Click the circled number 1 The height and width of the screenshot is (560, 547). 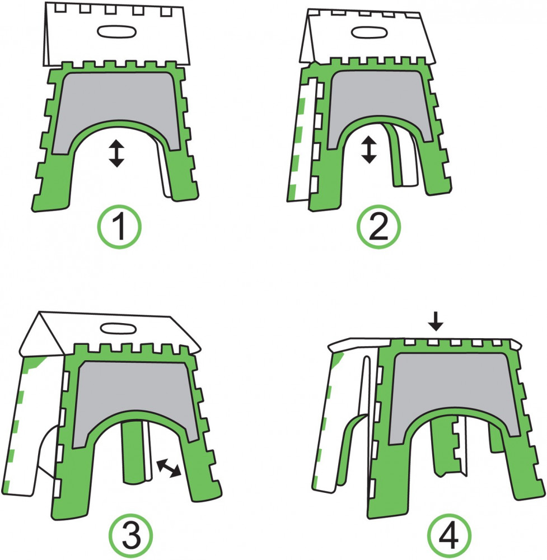coord(120,226)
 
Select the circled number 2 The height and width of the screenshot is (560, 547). coord(379,226)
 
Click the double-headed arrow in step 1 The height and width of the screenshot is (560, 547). coord(117,153)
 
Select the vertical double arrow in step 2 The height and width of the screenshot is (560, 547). coord(369,150)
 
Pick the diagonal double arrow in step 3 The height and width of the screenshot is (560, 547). coord(169,468)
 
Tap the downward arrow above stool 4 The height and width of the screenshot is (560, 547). coord(436,320)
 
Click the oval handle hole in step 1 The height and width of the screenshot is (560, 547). coord(116,31)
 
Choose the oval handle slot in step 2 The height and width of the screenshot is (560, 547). coord(370,32)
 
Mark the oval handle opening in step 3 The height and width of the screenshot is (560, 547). coord(117,328)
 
